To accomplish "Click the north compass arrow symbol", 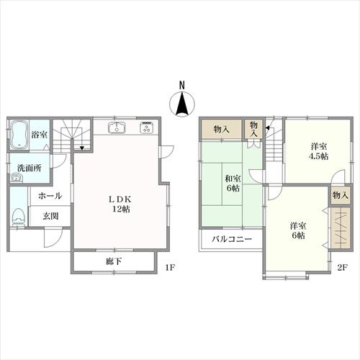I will pyautogui.click(x=182, y=105).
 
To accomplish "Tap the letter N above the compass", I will pyautogui.click(x=182, y=85).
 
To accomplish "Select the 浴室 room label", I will pyautogui.click(x=39, y=134).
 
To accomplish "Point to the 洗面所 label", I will pyautogui.click(x=30, y=168).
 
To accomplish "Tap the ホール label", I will pyautogui.click(x=49, y=196).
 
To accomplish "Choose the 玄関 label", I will pyautogui.click(x=50, y=216).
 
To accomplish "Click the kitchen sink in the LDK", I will pyautogui.click(x=117, y=129).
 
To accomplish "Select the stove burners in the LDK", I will pyautogui.click(x=147, y=129).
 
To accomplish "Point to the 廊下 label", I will pyautogui.click(x=113, y=261).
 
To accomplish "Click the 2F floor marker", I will pyautogui.click(x=342, y=268).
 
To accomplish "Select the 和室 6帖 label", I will pyautogui.click(x=232, y=183).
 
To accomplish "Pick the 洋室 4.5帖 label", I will pyautogui.click(x=318, y=150).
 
